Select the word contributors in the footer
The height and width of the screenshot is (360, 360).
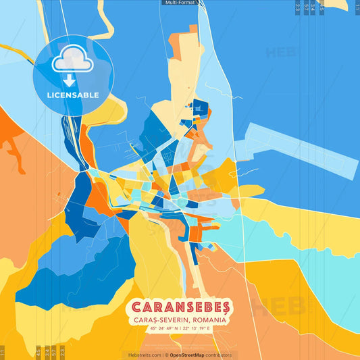[220, 355]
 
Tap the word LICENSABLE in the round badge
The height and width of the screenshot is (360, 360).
[73, 95]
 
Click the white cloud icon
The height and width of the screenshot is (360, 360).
[72, 61]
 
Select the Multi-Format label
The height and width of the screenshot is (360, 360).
[180, 3]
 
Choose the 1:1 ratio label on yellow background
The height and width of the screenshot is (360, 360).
[3, 352]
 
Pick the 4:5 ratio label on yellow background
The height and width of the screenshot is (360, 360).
[38, 352]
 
